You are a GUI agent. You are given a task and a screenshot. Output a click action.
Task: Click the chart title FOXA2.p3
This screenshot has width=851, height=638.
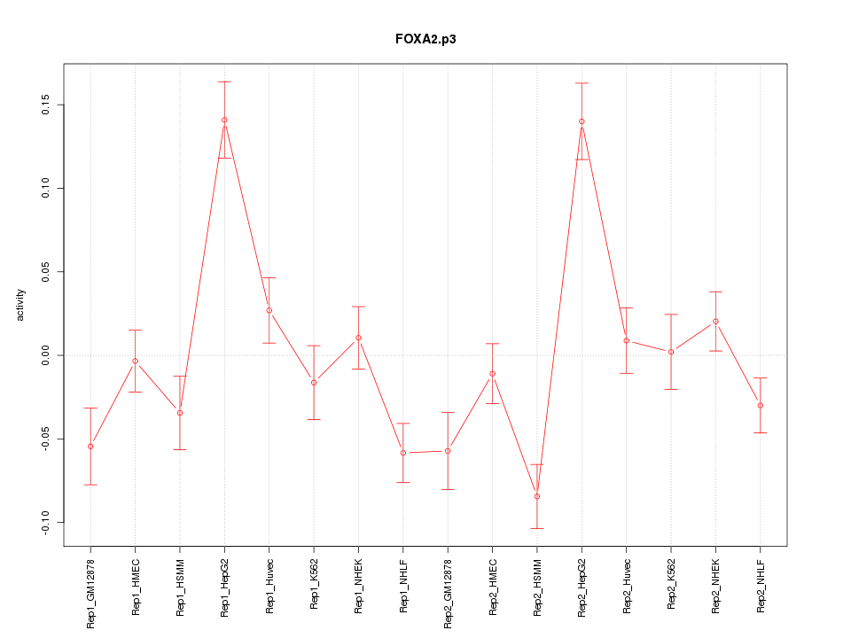(x=425, y=40)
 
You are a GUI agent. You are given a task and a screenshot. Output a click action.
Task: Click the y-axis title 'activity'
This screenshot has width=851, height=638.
(x=21, y=305)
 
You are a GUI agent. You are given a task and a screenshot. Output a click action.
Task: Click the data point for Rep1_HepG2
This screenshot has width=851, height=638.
(x=224, y=120)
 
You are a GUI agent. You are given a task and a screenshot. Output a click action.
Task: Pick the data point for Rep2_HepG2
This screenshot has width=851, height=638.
(x=582, y=121)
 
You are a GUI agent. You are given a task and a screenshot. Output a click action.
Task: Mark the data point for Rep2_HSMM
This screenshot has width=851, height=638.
(x=537, y=496)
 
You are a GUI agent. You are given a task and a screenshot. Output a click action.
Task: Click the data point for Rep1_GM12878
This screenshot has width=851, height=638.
(x=90, y=446)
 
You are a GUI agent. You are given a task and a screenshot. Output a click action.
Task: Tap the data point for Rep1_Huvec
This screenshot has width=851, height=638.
(x=269, y=310)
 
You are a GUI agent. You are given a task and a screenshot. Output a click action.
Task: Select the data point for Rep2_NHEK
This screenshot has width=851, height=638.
(x=715, y=321)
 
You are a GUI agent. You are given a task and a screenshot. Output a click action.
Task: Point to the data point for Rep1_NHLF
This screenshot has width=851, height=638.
(x=403, y=453)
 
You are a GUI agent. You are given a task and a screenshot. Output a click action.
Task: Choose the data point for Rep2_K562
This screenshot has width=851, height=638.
(x=671, y=352)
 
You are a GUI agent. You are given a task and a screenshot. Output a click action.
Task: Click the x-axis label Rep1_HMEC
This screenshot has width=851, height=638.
(x=136, y=586)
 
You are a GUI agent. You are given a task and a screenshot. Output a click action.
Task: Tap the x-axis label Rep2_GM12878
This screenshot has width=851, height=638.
(x=449, y=592)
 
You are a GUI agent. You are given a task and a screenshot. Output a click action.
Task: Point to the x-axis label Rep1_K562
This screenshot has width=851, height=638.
(x=314, y=585)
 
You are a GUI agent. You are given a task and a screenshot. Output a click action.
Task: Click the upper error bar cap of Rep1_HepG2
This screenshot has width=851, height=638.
(x=224, y=82)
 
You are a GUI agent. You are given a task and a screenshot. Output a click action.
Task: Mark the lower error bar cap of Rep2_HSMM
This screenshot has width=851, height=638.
(x=537, y=528)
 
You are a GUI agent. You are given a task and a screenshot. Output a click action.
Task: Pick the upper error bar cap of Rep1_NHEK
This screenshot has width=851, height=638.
(x=358, y=307)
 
